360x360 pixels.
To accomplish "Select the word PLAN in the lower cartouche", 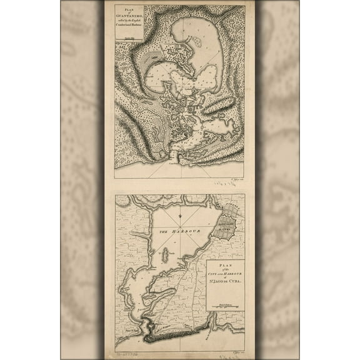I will tap(225, 265).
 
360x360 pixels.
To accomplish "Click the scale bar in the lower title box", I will tap(225, 306).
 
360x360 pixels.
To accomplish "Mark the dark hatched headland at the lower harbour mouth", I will tap(151, 326).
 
